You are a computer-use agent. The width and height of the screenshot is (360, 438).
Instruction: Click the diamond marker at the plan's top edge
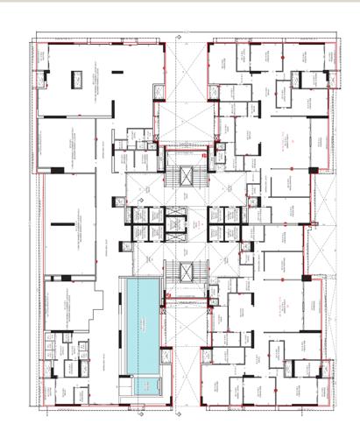179,37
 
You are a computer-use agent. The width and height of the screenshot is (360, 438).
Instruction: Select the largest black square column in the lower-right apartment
307,278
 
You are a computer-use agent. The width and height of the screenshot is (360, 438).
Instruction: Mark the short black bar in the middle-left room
65,226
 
